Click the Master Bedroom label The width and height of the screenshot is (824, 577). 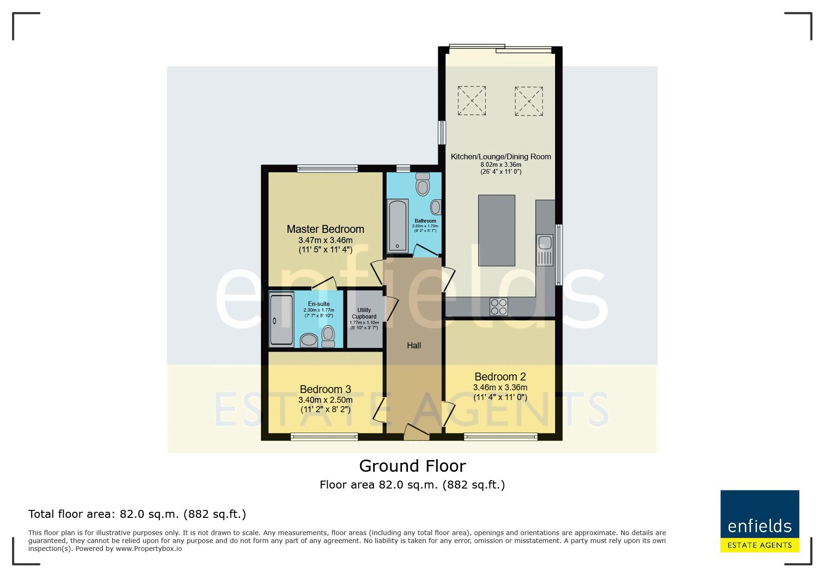click(325, 229)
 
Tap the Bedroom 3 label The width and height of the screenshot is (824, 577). click(325, 389)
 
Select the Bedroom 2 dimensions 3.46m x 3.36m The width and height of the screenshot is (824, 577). click(500, 387)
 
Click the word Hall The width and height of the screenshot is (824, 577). click(414, 346)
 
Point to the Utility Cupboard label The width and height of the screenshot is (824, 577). click(364, 313)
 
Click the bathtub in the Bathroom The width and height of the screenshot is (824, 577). click(398, 226)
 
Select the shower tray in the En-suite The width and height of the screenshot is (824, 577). click(281, 319)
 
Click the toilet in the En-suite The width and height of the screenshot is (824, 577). click(328, 336)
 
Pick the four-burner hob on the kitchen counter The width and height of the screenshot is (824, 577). click(499, 307)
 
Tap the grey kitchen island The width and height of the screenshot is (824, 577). click(496, 230)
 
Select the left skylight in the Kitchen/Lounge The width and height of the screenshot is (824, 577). click(472, 100)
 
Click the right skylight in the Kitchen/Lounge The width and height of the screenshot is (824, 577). click(529, 101)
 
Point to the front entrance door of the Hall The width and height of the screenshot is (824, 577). click(416, 432)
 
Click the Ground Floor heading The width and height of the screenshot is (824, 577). click(412, 466)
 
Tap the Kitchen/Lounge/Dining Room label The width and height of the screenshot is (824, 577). click(501, 156)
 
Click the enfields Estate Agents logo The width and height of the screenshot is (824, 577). click(760, 521)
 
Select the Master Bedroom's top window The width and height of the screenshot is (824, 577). click(328, 169)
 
